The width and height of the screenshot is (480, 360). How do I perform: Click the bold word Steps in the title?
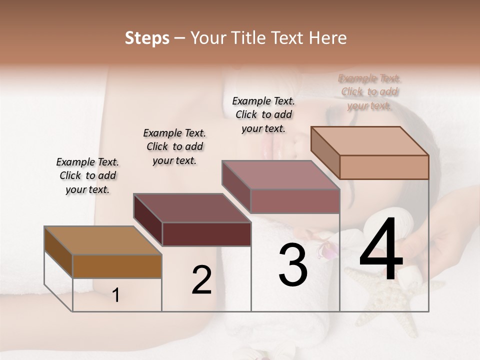tap(147, 38)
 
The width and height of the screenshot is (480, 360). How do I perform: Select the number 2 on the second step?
tap(201, 280)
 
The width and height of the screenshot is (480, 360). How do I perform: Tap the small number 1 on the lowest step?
tap(116, 295)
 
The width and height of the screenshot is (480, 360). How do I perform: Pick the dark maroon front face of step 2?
tap(206, 234)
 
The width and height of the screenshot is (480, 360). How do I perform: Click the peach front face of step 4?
tap(384, 167)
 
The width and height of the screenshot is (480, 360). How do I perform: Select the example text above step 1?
tap(87, 175)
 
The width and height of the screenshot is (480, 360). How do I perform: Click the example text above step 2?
tap(174, 146)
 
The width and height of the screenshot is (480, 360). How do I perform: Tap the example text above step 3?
tap(263, 114)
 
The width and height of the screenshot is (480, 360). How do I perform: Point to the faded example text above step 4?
tap(369, 91)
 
